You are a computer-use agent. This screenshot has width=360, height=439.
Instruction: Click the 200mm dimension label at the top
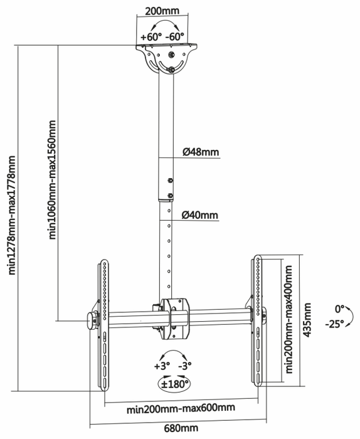coord(162,11)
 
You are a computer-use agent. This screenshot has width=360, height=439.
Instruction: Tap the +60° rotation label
coord(151,37)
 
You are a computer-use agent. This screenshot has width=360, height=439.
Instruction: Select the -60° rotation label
coord(175,36)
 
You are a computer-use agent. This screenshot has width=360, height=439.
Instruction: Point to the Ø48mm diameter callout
coord(201,152)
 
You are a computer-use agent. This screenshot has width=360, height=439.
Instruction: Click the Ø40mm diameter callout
coord(200,215)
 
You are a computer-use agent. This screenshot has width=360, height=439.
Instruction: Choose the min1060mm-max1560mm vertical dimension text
coord(52,180)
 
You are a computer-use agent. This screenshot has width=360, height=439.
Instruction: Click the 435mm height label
coord(307,320)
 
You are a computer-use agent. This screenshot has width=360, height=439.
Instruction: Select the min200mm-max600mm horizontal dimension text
coord(181,408)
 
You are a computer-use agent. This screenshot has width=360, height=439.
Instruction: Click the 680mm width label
coord(181,428)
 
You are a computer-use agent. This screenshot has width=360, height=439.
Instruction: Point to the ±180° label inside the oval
coord(174,384)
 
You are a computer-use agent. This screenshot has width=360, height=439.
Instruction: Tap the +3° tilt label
coord(162,366)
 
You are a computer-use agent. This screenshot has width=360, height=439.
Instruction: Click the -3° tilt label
coord(185,366)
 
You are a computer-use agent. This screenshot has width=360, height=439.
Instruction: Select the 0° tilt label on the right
coord(339,309)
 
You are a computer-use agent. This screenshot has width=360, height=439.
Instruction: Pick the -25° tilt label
coord(334,324)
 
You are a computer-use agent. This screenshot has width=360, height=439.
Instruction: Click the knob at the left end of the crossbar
coord(91,321)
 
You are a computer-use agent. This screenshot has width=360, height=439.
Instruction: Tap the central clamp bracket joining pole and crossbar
coord(176,319)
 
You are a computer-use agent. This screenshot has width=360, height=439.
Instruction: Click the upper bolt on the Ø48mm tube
coord(169,181)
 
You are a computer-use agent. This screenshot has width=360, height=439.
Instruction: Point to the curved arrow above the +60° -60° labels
coord(165,21)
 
